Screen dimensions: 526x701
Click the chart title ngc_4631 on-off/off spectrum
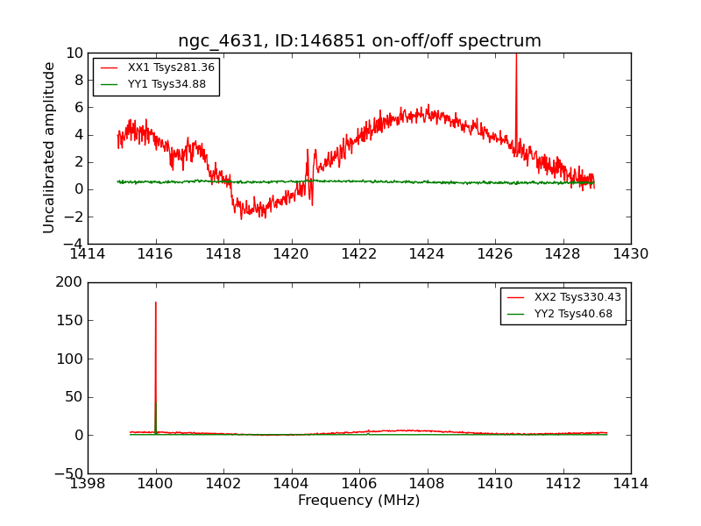tap(359, 41)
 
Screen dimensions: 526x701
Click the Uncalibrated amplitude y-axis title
tap(50, 147)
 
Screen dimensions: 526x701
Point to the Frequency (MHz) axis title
tap(359, 501)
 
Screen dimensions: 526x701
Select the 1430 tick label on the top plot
tap(630, 254)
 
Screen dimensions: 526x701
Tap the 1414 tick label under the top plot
tap(88, 254)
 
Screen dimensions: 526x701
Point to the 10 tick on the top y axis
tap(74, 53)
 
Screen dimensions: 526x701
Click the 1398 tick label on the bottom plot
tap(88, 484)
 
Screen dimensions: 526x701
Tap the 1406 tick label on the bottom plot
tap(359, 484)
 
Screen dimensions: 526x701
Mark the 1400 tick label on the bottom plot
tap(156, 484)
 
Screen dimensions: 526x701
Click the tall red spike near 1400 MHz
tap(156, 351)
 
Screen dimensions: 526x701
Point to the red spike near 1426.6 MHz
tap(516, 96)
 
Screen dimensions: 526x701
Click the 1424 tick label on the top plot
tap(427, 254)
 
